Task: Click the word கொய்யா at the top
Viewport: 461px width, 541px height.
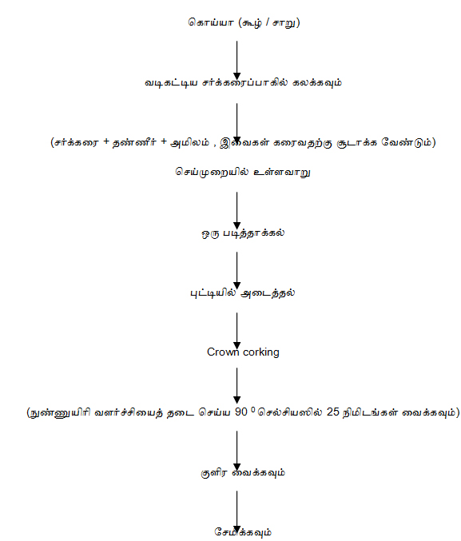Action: [x=210, y=22]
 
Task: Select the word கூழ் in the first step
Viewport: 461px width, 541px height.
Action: [x=252, y=22]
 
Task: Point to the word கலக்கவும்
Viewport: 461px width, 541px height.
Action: [x=316, y=83]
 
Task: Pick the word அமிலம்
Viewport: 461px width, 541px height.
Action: [x=190, y=142]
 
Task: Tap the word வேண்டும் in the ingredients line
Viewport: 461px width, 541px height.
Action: [x=407, y=142]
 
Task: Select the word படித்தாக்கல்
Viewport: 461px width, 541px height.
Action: [x=253, y=233]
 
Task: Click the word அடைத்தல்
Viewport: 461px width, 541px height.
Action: [x=268, y=293]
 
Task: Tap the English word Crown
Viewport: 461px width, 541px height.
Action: [x=223, y=352]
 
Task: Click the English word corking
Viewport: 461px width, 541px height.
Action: [x=261, y=352]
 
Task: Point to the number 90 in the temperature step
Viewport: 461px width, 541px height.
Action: [x=241, y=412]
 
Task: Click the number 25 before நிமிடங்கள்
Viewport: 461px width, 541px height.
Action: [x=333, y=412]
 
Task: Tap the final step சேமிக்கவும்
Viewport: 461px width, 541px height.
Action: [x=243, y=532]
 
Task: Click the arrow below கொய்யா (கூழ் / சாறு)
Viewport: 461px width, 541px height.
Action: [x=236, y=61]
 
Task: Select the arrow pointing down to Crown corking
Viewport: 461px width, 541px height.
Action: [x=236, y=331]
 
